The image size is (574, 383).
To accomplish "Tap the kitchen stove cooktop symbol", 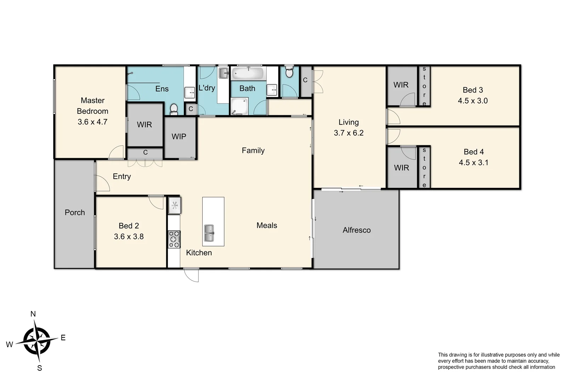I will point(174,239).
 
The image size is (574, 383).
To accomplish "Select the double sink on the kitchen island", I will point(209,233).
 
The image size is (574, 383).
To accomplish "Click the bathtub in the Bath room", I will point(248,74).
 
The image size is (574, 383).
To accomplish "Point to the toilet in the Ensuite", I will point(174,109).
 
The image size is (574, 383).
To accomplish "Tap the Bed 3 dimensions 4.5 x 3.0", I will point(473,101).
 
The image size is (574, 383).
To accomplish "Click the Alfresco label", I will point(356,230).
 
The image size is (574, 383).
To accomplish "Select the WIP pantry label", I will point(179,137).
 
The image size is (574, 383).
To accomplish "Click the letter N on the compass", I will point(33,314).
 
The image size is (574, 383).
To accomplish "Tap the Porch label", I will point(75,212).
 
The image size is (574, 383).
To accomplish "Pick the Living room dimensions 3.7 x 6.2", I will point(349,133).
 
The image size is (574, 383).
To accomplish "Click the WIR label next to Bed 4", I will point(401,168).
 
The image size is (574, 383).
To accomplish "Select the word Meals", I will point(267,226).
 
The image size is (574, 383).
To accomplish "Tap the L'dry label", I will point(207,88).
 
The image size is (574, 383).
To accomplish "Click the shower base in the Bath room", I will point(240,106).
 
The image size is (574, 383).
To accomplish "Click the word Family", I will point(253,150).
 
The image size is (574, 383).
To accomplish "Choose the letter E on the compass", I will point(63,338).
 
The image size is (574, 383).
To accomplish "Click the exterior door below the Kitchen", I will point(192,275).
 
